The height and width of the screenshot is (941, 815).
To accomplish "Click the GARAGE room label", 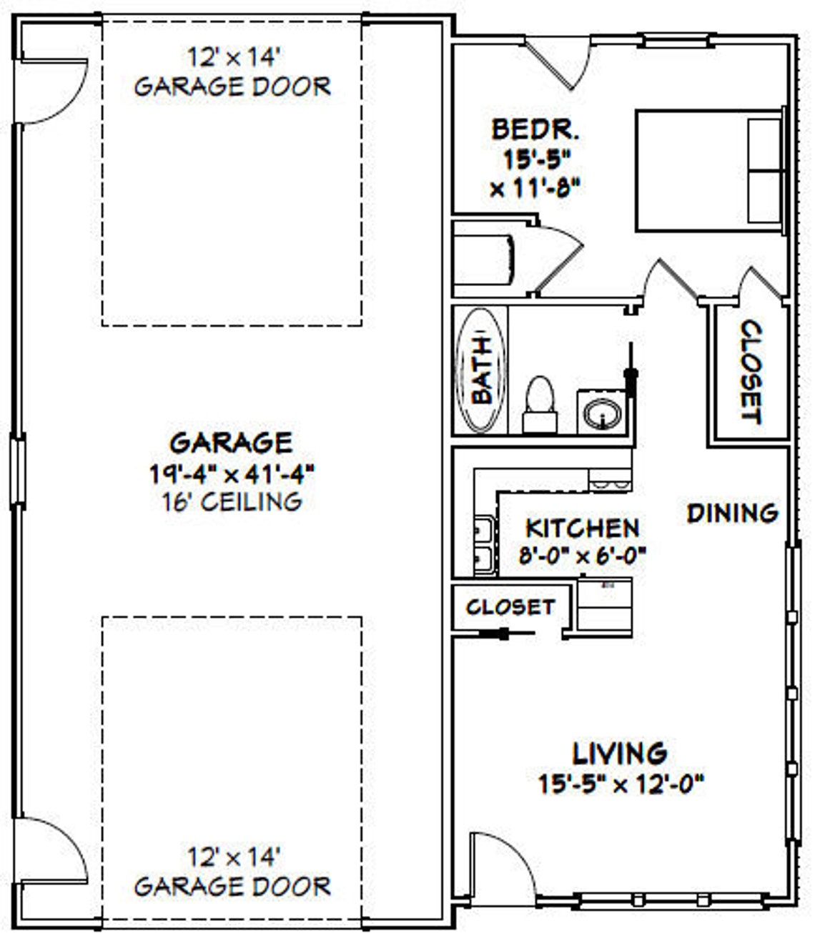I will click(x=231, y=443).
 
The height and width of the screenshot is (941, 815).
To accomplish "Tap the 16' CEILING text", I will click(x=232, y=501).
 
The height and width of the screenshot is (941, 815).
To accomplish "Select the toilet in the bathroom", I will click(x=540, y=404).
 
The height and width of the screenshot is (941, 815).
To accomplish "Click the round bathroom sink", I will click(x=602, y=413).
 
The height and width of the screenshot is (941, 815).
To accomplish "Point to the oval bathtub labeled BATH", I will click(x=480, y=370).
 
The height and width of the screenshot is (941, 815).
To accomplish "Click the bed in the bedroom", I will click(x=709, y=170).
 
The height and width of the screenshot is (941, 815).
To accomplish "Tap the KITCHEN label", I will click(x=582, y=528).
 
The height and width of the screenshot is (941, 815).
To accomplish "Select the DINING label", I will click(x=732, y=513).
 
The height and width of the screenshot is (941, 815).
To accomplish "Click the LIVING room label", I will click(x=620, y=753).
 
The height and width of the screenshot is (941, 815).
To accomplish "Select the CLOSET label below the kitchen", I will click(x=510, y=607).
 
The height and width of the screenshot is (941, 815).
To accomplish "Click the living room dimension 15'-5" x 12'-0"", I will click(x=621, y=784).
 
